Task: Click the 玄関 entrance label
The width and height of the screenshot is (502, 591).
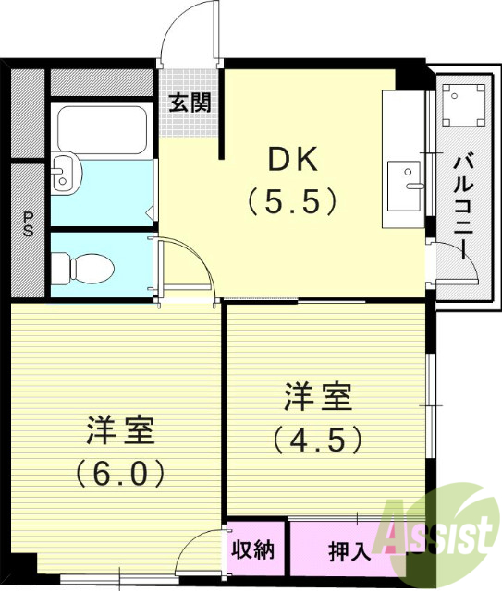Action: [190, 102]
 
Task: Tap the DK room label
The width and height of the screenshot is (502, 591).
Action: [293, 160]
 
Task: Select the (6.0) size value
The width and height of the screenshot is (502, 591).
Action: [121, 473]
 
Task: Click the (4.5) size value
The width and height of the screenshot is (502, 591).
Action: [317, 440]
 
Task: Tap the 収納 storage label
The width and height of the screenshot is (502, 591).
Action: [253, 551]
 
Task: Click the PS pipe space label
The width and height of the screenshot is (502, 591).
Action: [28, 225]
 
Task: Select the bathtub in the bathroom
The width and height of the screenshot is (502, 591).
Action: [100, 129]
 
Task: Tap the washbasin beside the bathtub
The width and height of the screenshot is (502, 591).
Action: [65, 173]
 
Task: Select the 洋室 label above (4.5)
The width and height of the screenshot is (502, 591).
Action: [317, 400]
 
